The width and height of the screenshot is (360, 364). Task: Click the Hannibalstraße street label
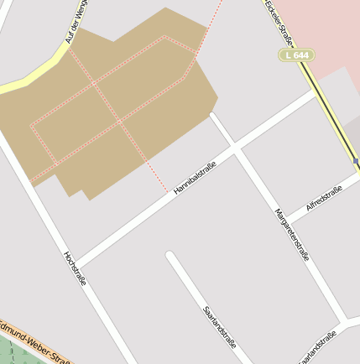tap(195, 180)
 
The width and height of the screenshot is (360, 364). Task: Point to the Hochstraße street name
tap(75, 268)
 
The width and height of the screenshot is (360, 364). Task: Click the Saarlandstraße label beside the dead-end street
tap(220, 328)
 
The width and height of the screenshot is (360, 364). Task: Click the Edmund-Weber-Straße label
tap(38, 338)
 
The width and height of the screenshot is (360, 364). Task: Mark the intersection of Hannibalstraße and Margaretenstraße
tap(237, 148)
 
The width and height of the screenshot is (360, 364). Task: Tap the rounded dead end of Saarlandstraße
tap(170, 256)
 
